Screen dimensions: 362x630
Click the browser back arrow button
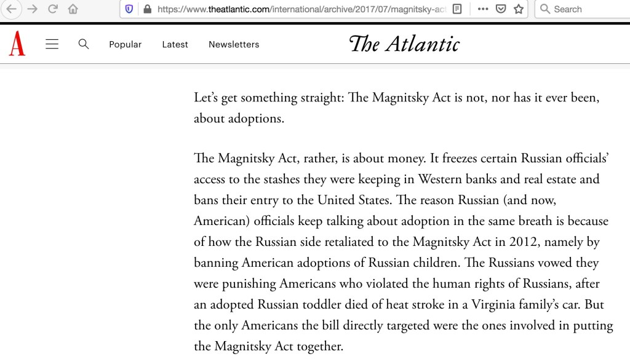coord(12,9)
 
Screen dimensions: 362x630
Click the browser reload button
coord(53,9)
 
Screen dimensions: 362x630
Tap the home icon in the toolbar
coord(73,9)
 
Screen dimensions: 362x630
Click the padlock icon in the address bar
coord(146,9)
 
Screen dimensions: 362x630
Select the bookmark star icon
coord(519,9)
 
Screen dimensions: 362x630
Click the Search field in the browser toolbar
coord(581,9)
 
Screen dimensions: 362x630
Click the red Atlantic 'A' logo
coord(17,44)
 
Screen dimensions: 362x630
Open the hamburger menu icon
coord(52,44)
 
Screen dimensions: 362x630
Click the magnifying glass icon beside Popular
coord(84,44)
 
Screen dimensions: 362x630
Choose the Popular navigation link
coord(126,44)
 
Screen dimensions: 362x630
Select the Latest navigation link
coord(175,44)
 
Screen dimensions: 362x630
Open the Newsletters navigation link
coord(234,44)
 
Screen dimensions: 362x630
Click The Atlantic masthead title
coord(404,44)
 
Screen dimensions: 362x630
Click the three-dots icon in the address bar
coord(483,9)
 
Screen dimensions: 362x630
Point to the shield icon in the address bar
coord(129,9)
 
